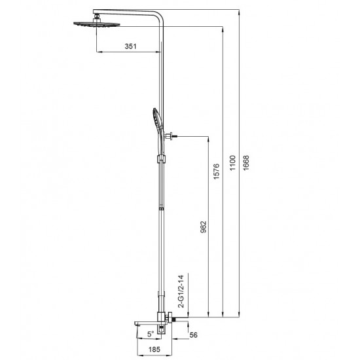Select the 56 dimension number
(193, 335)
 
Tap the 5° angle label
(150, 334)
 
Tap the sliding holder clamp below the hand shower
(160, 159)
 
